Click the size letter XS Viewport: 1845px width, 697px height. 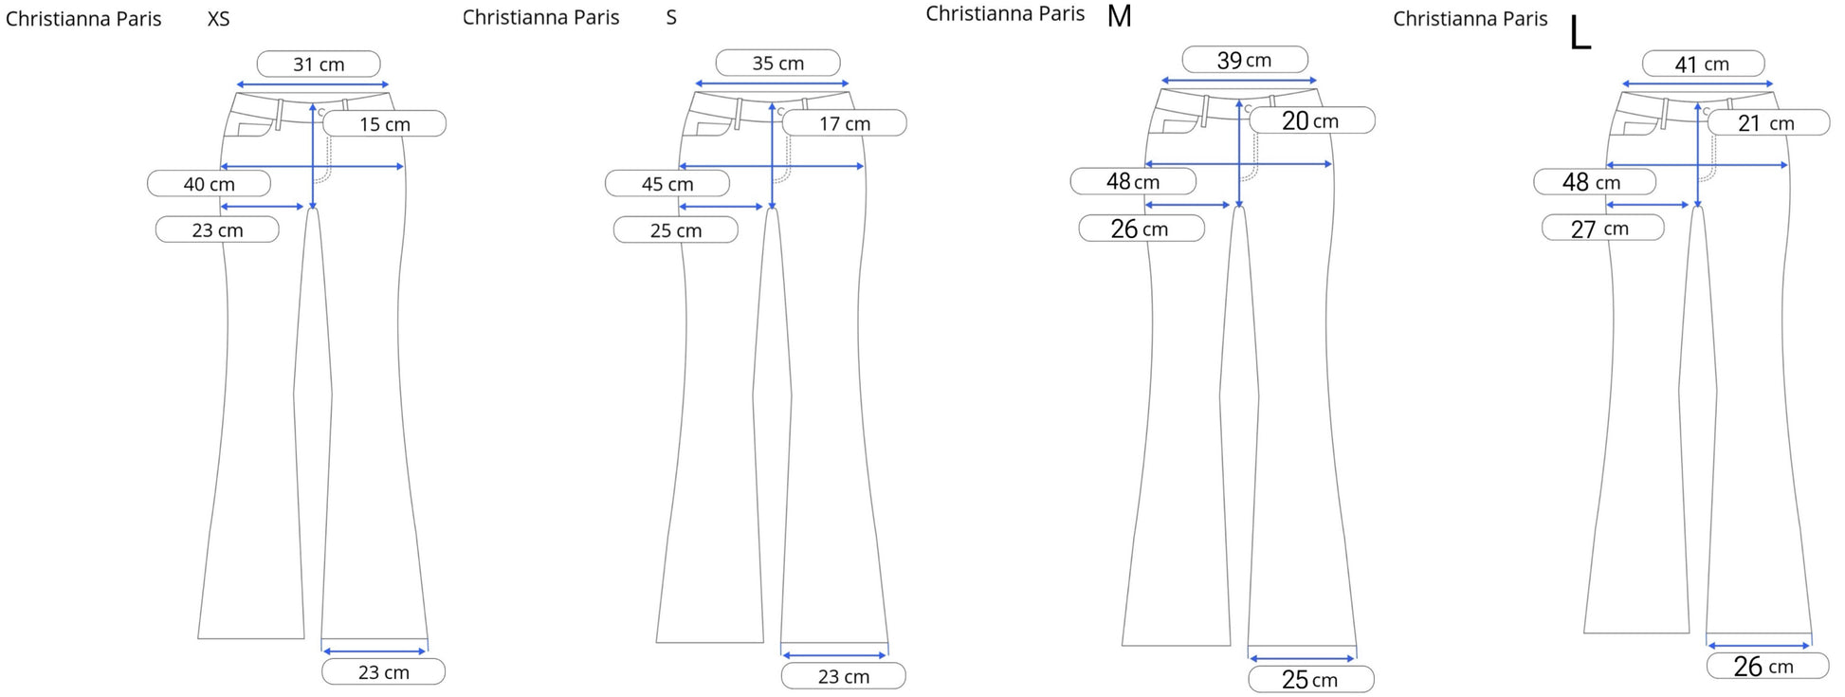point(218,19)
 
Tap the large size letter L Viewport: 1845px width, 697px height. point(1580,34)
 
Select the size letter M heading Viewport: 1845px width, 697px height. point(1120,16)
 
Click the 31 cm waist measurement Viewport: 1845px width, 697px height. point(319,64)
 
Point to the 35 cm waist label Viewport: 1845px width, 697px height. point(777,64)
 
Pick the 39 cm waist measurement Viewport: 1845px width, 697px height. point(1245,60)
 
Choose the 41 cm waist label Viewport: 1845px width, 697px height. point(1703,64)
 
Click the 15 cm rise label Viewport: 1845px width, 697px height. point(385,124)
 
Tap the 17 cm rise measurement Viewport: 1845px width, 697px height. point(845,123)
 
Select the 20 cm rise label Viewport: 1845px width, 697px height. point(1311,120)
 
